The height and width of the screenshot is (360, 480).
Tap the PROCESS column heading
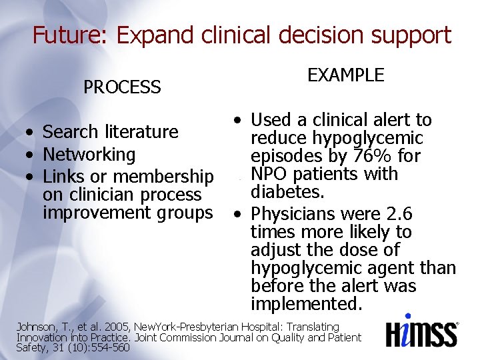(x=122, y=87)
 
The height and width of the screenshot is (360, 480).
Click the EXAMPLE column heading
(x=345, y=75)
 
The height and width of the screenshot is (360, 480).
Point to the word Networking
(x=89, y=155)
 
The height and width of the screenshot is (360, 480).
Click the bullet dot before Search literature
(x=31, y=133)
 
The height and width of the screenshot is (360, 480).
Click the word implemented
(x=306, y=304)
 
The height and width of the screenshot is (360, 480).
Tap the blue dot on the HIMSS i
(x=408, y=317)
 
